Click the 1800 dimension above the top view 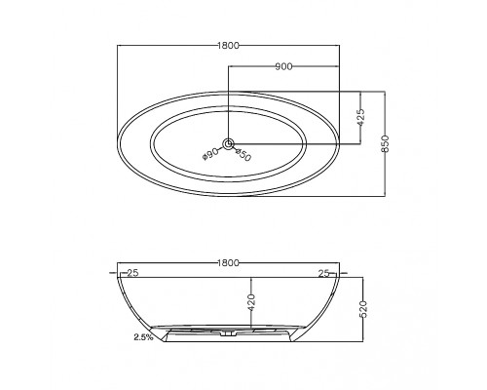[228, 46]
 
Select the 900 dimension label [283, 66]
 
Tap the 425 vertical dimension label [360, 117]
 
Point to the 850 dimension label [385, 143]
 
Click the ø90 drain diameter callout [210, 154]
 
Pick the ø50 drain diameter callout [243, 155]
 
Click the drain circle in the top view [228, 143]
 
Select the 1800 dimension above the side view [228, 262]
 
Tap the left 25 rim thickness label [132, 273]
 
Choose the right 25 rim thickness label [324, 273]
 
